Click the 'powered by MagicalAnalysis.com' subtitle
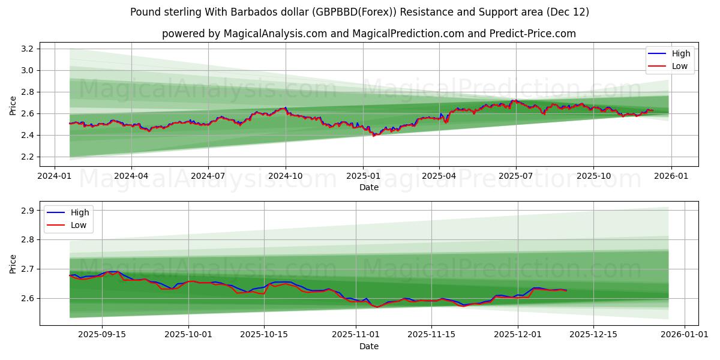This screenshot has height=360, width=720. click(368, 34)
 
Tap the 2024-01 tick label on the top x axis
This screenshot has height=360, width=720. click(55, 177)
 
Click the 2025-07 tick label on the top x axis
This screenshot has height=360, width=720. click(516, 177)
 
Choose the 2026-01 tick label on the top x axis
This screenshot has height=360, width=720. click(670, 177)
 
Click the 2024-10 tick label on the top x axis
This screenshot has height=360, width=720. click(285, 177)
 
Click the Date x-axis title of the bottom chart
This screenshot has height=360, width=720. click(368, 346)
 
